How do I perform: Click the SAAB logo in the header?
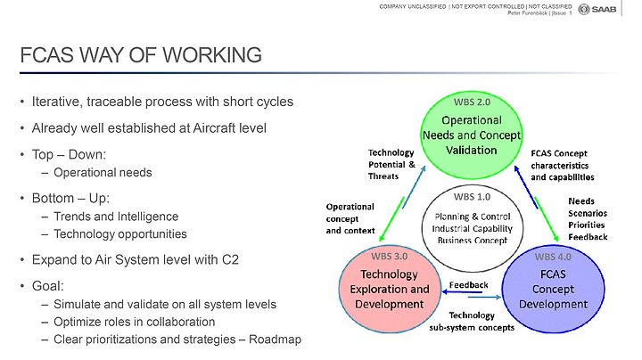coord(597,9)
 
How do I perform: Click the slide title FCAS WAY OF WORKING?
coord(141,55)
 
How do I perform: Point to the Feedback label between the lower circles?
coord(468,285)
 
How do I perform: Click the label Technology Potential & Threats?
coord(391,165)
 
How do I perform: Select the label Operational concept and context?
coord(350,219)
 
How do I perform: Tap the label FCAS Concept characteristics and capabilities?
coord(563,165)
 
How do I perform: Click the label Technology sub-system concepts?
coord(472,321)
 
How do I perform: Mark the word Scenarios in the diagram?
coord(588,213)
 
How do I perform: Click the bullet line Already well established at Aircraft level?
coord(149,128)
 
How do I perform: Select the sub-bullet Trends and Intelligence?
coord(116,217)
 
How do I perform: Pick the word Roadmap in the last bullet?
coord(276,340)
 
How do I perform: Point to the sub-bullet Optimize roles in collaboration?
coord(135,322)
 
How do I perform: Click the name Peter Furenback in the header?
coord(527,13)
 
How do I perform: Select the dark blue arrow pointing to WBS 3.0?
coord(462,292)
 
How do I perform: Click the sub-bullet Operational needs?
coord(103,173)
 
